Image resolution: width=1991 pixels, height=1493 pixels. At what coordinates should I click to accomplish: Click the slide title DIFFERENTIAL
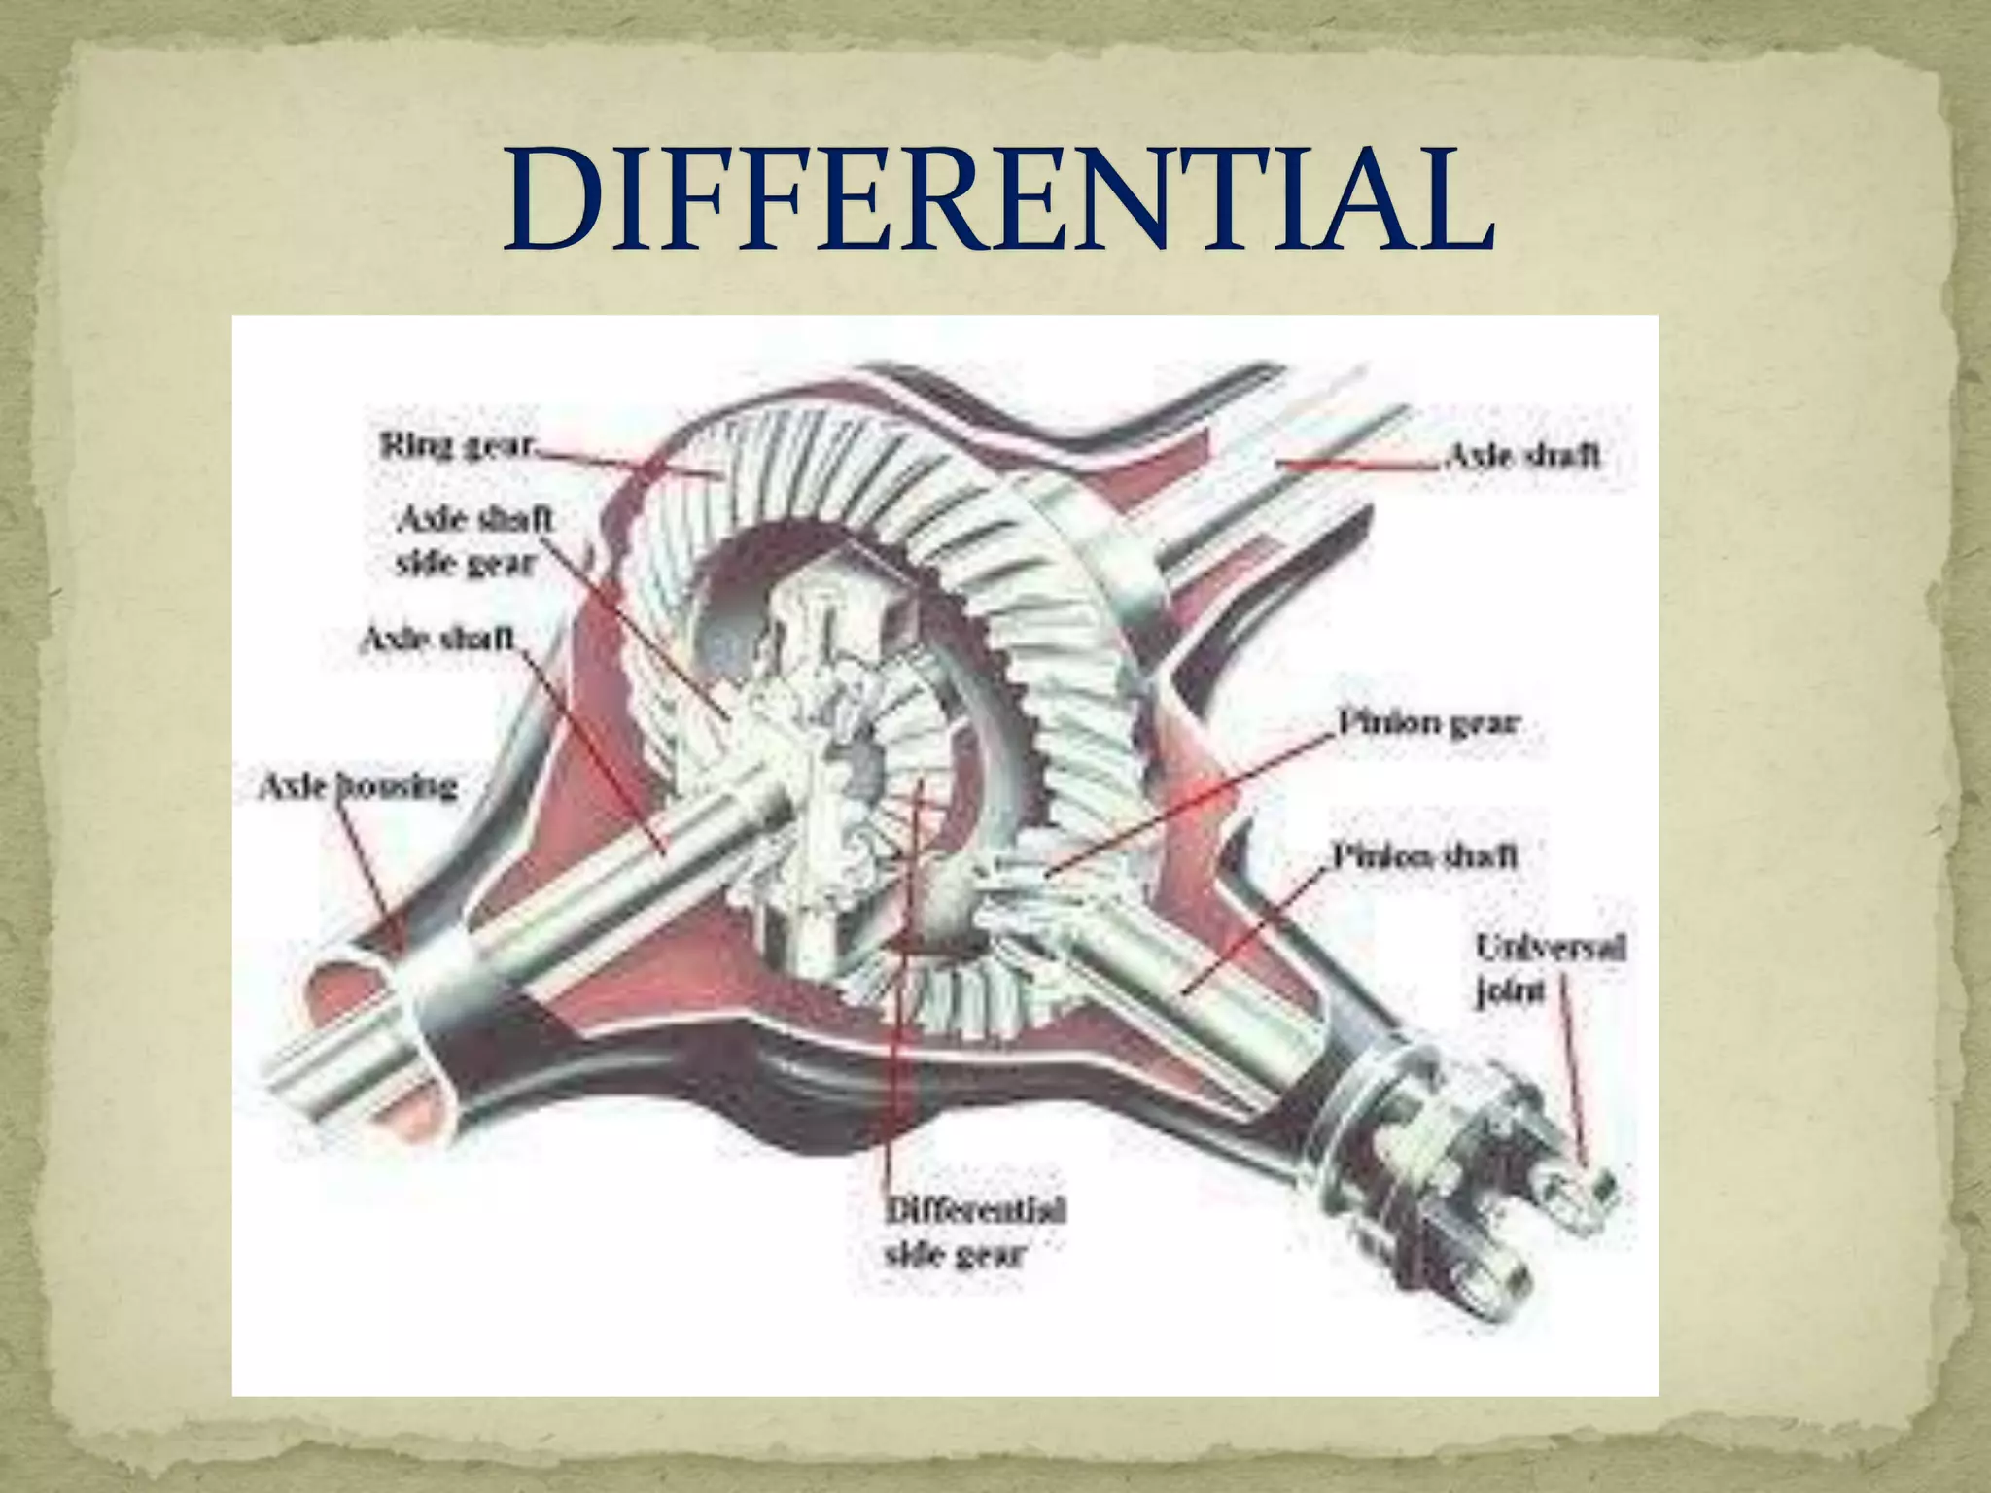(x=998, y=199)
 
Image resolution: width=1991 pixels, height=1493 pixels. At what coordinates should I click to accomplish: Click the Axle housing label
(x=358, y=785)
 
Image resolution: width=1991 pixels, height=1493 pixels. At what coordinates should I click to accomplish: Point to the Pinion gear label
(x=1427, y=723)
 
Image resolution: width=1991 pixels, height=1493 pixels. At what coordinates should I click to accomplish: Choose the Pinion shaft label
(x=1423, y=855)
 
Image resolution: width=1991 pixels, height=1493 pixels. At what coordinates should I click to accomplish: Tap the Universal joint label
(x=1550, y=968)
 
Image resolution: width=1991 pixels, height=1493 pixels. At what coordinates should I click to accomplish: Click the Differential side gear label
(x=974, y=1232)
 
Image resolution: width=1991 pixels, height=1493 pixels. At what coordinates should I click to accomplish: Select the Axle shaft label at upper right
(x=1522, y=455)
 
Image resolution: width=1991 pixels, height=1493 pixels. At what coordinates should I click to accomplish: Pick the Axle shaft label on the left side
(x=437, y=639)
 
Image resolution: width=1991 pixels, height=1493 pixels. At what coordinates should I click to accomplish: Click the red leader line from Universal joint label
(x=1573, y=1069)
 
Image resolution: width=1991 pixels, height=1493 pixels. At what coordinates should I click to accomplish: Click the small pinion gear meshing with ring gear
(x=1021, y=875)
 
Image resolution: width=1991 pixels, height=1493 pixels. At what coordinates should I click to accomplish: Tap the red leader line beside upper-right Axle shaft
(x=1361, y=465)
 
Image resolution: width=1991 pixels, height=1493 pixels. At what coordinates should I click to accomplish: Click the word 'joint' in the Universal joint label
(x=1510, y=991)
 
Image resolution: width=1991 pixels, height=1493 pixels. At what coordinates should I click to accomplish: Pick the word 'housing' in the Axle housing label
(x=397, y=785)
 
